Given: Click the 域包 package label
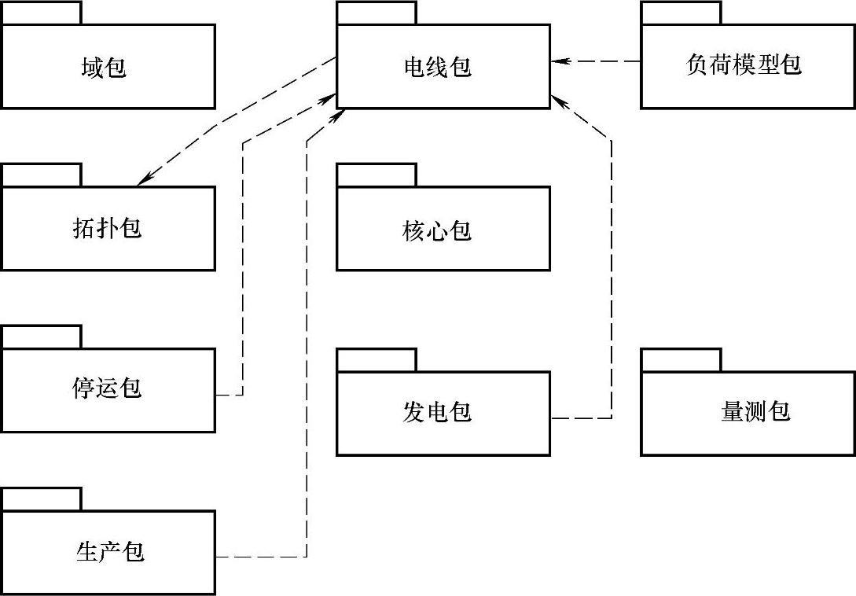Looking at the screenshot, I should pyautogui.click(x=103, y=68).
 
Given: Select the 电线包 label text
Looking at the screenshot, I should pyautogui.click(x=437, y=68).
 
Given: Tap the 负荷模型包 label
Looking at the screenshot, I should pyautogui.click(x=743, y=64).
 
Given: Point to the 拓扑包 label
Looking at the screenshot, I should pyautogui.click(x=106, y=229).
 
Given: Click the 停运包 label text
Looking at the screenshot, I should pyautogui.click(x=106, y=389).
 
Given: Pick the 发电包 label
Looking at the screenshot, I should pyautogui.click(x=437, y=411).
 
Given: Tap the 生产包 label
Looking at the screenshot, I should pyautogui.click(x=110, y=552).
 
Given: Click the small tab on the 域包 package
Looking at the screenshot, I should pyautogui.click(x=41, y=13).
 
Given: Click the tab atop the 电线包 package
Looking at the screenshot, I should pyautogui.click(x=377, y=13).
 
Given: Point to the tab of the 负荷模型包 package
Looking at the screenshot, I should pyautogui.click(x=681, y=13).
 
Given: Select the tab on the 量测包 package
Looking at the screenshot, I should pyautogui.click(x=681, y=359).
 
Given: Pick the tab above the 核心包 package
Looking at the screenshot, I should pyautogui.click(x=377, y=175).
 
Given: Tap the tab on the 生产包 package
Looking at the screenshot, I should pyautogui.click(x=41, y=499).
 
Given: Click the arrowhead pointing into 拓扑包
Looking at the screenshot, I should pyautogui.click(x=144, y=180).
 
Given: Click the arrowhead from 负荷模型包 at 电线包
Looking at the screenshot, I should pyautogui.click(x=558, y=61).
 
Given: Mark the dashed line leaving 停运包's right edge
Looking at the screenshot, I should pyautogui.click(x=230, y=395).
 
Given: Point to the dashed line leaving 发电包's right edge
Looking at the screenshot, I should pyautogui.click(x=582, y=418).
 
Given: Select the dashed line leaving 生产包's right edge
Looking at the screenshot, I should pyautogui.click(x=259, y=557).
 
